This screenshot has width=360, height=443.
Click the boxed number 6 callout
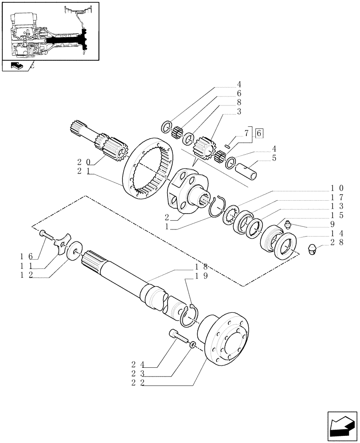[259, 132]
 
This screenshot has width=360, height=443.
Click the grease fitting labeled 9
[287, 225]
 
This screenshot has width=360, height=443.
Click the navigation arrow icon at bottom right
[342, 427]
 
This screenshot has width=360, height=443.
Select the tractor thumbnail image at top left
[50, 31]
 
